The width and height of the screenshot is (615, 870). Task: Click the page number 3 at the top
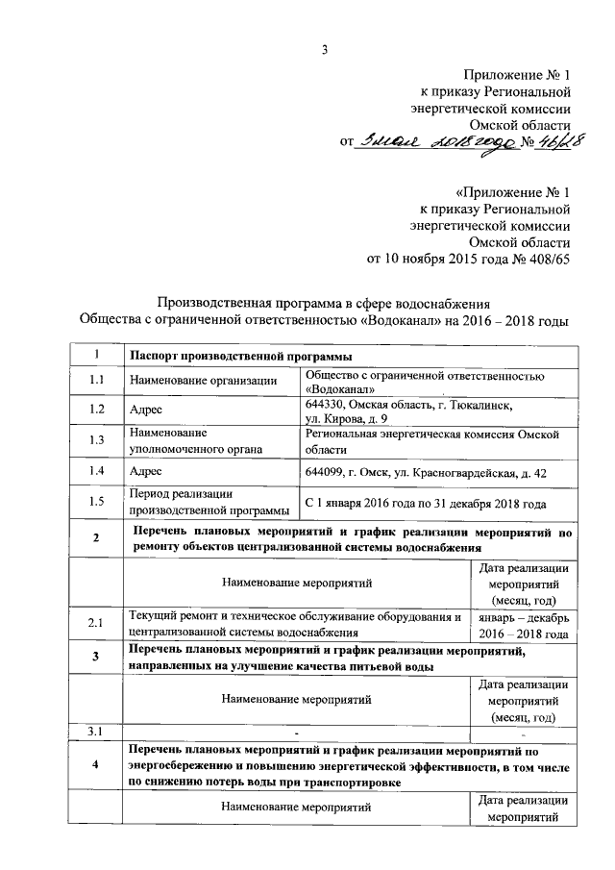click(325, 51)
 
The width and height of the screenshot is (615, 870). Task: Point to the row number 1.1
click(96, 381)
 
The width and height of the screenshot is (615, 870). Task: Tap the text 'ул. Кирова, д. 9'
click(347, 420)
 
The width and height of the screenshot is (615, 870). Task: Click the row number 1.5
click(96, 502)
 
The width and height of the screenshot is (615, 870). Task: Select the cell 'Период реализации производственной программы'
click(209, 502)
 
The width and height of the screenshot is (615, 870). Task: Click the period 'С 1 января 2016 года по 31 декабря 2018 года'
click(425, 503)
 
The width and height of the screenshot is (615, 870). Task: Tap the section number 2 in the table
click(96, 538)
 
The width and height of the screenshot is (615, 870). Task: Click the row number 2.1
click(96, 624)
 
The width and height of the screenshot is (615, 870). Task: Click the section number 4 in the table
click(96, 766)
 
